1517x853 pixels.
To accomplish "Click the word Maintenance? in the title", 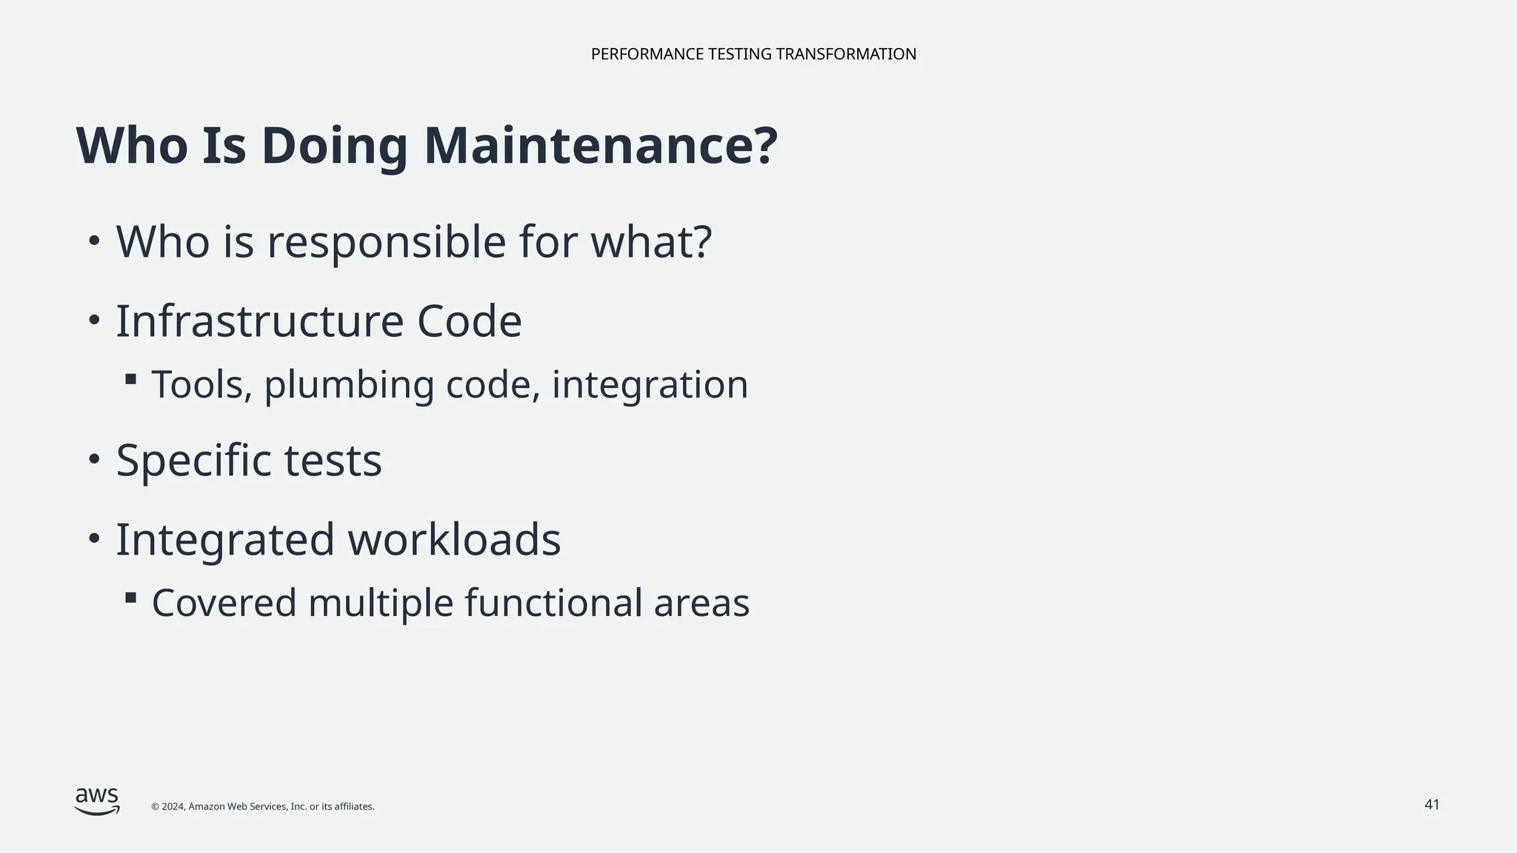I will pos(600,146).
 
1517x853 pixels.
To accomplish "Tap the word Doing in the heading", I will pos(334,146).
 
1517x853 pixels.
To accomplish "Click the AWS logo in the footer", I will pos(97,801).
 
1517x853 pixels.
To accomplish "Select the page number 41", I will pos(1432,804).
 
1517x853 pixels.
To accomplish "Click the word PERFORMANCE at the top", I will pos(647,54).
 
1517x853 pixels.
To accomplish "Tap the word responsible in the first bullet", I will pos(386,242).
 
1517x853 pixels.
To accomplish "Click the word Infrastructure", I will pos(260,321).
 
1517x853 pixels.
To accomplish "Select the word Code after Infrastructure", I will pos(470,321).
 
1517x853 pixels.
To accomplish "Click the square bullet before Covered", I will pos(131,597).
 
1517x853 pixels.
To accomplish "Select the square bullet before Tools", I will pos(131,379).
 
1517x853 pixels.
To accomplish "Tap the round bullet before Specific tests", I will pos(93,459).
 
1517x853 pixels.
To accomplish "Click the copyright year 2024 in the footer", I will pos(173,806).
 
